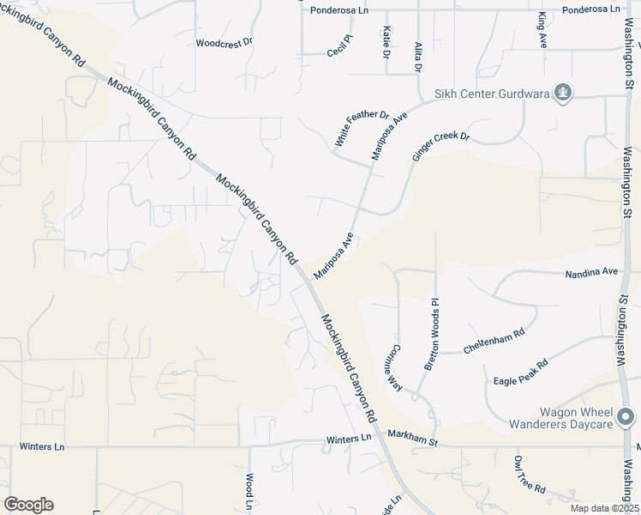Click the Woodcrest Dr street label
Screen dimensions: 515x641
(x=225, y=41)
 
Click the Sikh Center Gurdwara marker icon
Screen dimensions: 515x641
(x=563, y=92)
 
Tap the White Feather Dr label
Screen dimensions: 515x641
(x=362, y=128)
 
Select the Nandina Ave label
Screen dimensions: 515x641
(x=591, y=273)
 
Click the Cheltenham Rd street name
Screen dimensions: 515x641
(x=494, y=342)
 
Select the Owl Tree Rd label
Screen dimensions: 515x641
(x=530, y=475)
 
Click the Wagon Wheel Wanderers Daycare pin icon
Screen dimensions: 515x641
(x=627, y=418)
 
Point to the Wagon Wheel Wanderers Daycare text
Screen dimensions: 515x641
(x=561, y=418)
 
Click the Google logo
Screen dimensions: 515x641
(x=28, y=505)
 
